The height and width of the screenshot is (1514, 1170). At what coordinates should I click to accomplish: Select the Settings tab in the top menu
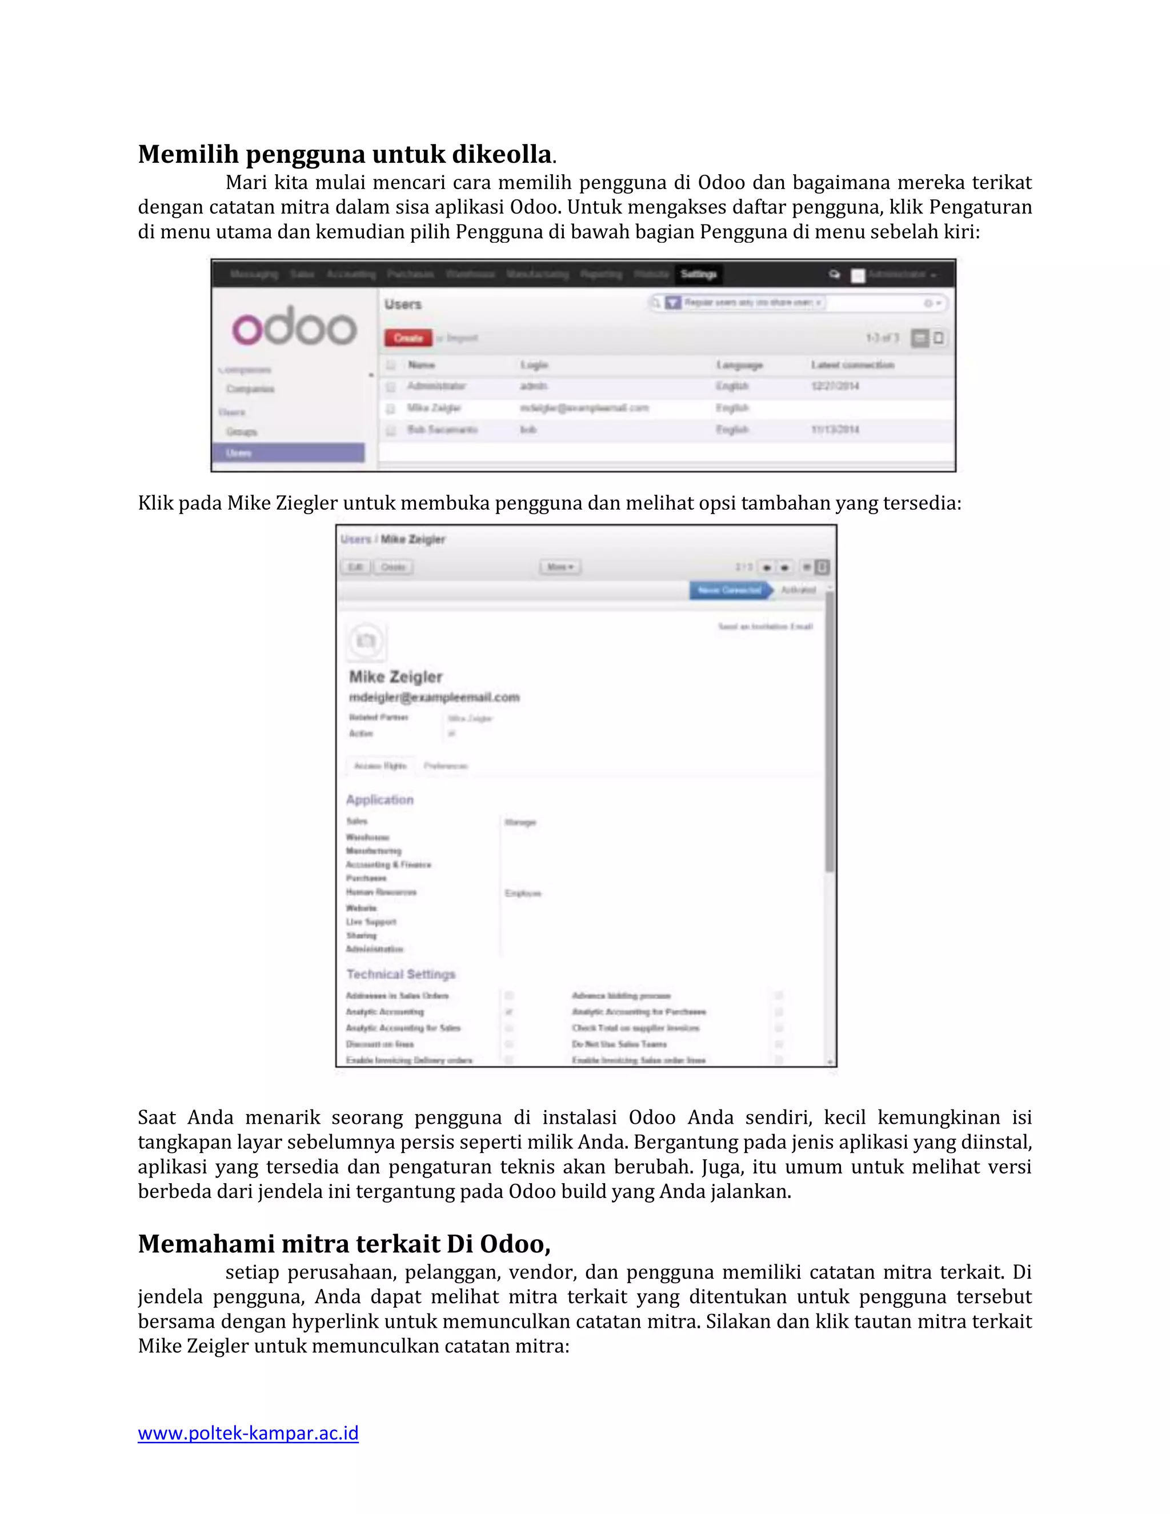click(x=698, y=274)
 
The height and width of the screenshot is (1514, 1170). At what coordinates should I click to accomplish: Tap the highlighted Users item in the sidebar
click(x=288, y=452)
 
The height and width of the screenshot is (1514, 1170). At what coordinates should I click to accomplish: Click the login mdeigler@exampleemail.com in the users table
click(x=584, y=407)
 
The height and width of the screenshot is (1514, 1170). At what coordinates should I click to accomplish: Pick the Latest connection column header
click(x=852, y=365)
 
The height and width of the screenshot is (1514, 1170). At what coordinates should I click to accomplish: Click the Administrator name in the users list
click(x=436, y=386)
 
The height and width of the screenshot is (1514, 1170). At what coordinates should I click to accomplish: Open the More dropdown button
click(x=560, y=567)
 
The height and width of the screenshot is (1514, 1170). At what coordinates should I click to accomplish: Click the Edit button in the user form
click(x=355, y=567)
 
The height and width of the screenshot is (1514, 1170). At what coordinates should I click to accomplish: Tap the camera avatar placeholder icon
click(x=366, y=640)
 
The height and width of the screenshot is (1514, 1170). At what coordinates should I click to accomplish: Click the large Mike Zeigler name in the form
click(x=395, y=676)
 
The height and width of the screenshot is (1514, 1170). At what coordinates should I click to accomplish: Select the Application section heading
click(x=380, y=799)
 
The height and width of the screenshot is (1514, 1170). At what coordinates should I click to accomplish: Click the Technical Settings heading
click(x=400, y=974)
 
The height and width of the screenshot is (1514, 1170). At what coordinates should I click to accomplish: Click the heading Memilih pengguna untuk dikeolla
click(x=345, y=154)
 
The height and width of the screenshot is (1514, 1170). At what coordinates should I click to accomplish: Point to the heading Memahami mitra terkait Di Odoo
click(x=344, y=1244)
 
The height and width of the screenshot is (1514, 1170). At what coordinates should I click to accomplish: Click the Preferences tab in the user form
click(x=446, y=766)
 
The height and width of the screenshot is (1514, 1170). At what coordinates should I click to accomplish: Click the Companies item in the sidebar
click(x=250, y=389)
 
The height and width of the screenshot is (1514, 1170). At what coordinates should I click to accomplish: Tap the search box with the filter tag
click(x=797, y=303)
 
